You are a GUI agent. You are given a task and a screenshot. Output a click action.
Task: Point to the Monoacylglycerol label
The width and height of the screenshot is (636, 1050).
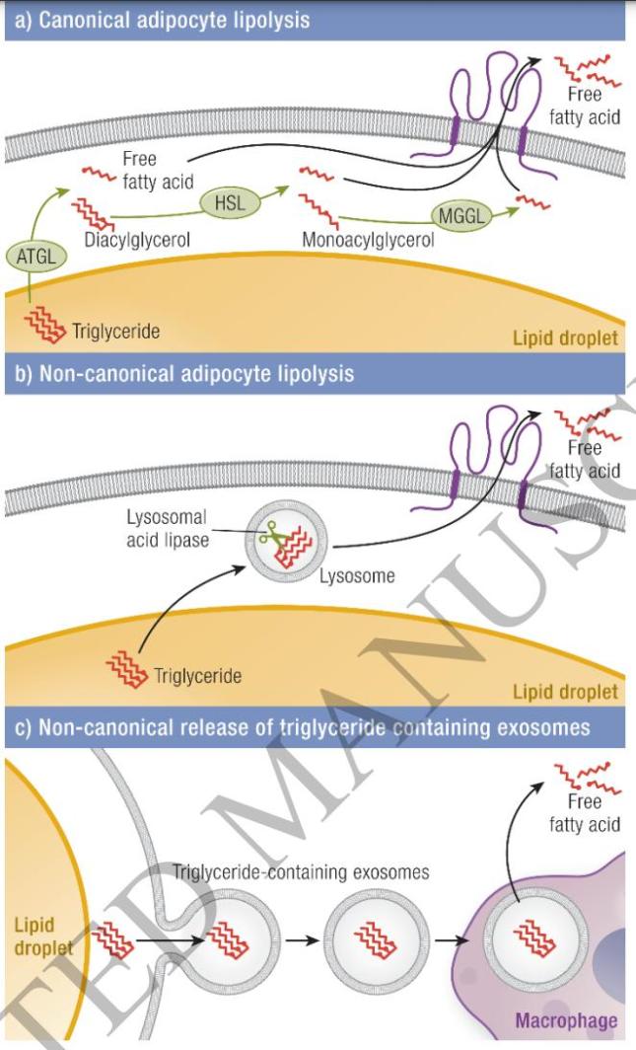[x=369, y=240]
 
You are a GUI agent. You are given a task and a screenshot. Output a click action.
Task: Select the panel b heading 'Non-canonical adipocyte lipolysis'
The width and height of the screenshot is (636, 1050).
[x=181, y=374]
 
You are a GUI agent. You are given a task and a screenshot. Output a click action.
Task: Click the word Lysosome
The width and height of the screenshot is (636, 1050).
[x=357, y=576]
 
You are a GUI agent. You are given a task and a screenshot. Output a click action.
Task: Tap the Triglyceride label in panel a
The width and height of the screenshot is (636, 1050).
[x=116, y=331]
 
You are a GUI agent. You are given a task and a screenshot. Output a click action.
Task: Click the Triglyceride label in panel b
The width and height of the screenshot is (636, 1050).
[x=198, y=676]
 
